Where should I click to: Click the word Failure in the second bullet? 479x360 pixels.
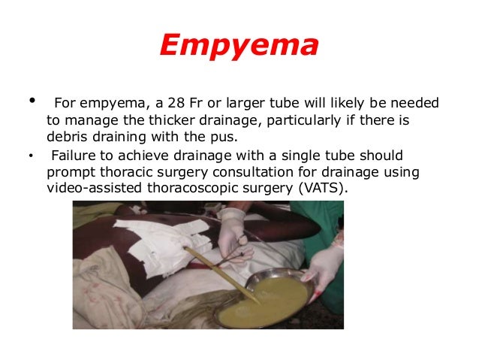[74, 156]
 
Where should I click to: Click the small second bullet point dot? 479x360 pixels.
[31, 157]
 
